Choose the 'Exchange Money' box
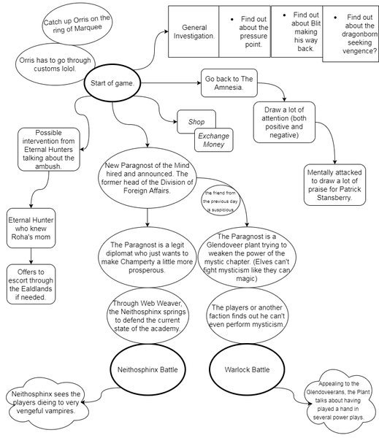(x=213, y=140)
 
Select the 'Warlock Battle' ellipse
(x=249, y=369)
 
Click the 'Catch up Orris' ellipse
(x=76, y=25)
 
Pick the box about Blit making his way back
(x=296, y=32)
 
